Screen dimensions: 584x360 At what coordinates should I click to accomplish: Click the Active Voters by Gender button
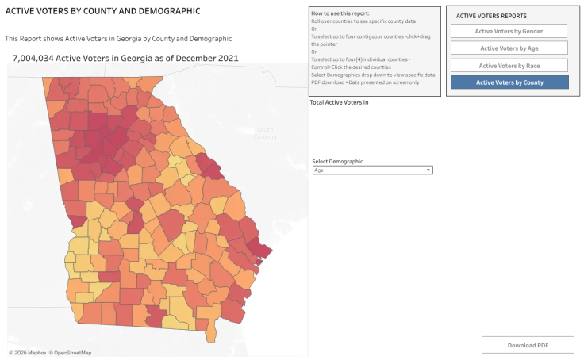(x=509, y=31)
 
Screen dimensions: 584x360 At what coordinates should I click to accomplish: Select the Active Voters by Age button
(x=509, y=48)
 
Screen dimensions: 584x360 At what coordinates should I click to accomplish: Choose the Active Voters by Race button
(x=509, y=66)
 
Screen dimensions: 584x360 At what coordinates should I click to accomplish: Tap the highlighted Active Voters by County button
(x=509, y=82)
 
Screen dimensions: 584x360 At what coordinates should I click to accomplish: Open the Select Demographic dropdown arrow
(x=428, y=170)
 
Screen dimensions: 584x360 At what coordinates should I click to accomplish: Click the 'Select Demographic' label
(x=337, y=161)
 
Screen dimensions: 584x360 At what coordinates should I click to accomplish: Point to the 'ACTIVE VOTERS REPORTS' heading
(x=491, y=16)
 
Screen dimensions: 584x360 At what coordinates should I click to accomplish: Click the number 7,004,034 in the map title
(x=33, y=58)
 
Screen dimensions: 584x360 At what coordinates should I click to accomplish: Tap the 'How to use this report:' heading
(x=340, y=13)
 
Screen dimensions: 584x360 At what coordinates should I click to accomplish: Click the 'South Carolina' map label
(x=265, y=133)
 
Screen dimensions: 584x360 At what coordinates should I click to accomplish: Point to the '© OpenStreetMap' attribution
(x=70, y=353)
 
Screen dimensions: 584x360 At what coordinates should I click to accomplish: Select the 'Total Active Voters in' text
(x=339, y=102)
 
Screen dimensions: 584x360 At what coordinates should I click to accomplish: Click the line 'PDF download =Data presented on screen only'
(x=365, y=82)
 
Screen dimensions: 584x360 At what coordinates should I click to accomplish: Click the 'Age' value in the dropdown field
(x=318, y=170)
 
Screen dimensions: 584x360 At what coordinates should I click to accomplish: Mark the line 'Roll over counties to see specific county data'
(x=363, y=21)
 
